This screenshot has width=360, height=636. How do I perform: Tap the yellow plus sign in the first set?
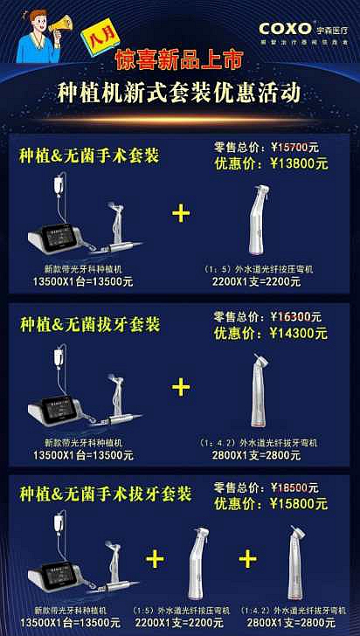click(181, 213)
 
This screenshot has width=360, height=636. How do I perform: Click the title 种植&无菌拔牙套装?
click(89, 325)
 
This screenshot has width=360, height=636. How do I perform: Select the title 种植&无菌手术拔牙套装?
click(105, 494)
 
